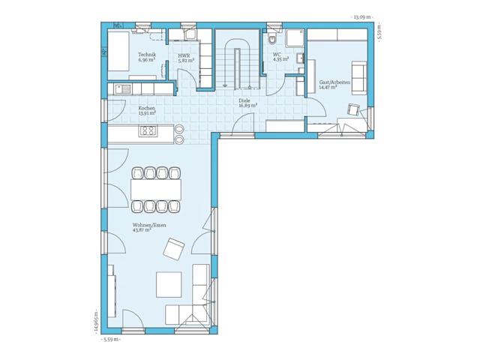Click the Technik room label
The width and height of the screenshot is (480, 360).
[x=146, y=55]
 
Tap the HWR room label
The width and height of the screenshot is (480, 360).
[x=184, y=55]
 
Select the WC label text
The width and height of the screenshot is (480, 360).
[x=277, y=54]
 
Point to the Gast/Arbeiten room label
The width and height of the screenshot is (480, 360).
[x=334, y=82]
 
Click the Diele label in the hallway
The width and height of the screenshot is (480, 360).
[x=244, y=100]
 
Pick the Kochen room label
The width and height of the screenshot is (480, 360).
[x=146, y=108]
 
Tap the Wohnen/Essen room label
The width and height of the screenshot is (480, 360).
[x=149, y=224]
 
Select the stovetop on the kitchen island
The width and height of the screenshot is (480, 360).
[x=148, y=131]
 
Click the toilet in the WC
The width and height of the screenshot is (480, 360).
[x=272, y=40]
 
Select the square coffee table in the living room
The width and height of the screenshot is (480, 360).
[x=169, y=284]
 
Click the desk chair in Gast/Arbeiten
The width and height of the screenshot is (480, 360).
[x=353, y=111]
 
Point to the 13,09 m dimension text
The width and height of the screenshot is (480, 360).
[x=361, y=16]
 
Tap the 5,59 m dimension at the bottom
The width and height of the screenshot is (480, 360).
[x=111, y=340]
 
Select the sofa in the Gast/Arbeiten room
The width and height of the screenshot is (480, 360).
[x=359, y=76]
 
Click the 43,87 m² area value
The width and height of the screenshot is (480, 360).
[x=142, y=229]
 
